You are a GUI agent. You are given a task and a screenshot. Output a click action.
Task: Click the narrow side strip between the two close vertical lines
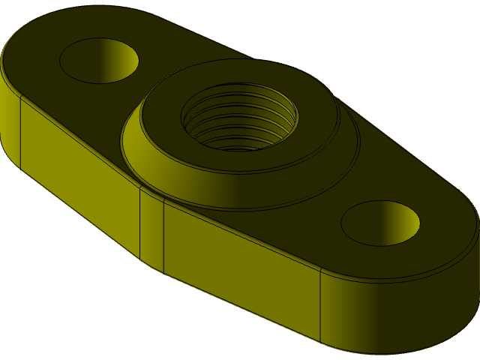click(151, 229)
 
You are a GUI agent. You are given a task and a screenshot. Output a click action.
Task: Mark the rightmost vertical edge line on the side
click(321, 307)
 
